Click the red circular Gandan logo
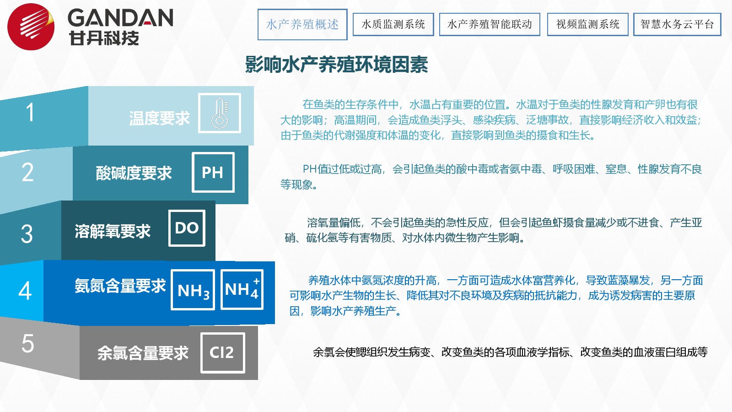pyautogui.click(x=31, y=27)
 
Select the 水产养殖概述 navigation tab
pyautogui.click(x=302, y=25)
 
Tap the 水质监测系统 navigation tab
pyautogui.click(x=393, y=24)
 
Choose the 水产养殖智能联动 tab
pyautogui.click(x=490, y=24)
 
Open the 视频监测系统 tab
pyautogui.click(x=587, y=24)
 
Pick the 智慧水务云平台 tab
pyautogui.click(x=677, y=24)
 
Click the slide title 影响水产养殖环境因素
pyautogui.click(x=337, y=65)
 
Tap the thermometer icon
pyautogui.click(x=220, y=113)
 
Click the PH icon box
pyautogui.click(x=213, y=172)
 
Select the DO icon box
pyautogui.click(x=187, y=228)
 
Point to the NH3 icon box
pyautogui.click(x=193, y=290)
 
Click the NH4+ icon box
pyautogui.click(x=242, y=289)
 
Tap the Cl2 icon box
pyautogui.click(x=223, y=353)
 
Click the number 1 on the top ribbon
pyautogui.click(x=30, y=112)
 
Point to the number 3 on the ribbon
pyautogui.click(x=27, y=234)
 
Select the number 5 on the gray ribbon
pyautogui.click(x=28, y=343)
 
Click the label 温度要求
pyautogui.click(x=159, y=118)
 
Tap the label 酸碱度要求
pyautogui.click(x=134, y=173)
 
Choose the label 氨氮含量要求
pyautogui.click(x=120, y=286)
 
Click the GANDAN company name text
pyautogui.click(x=120, y=18)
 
